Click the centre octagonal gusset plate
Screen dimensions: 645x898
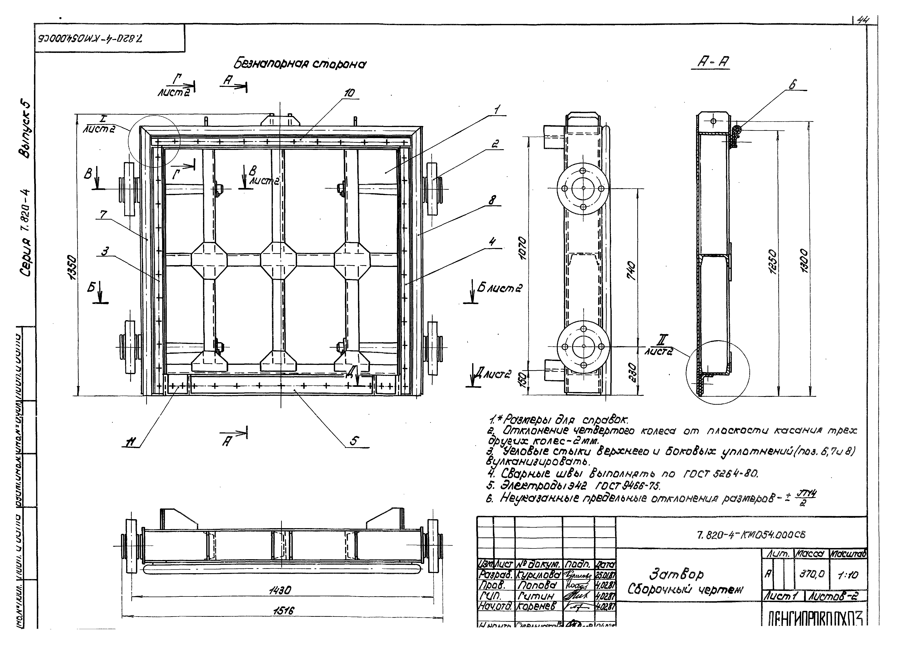click(x=278, y=260)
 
